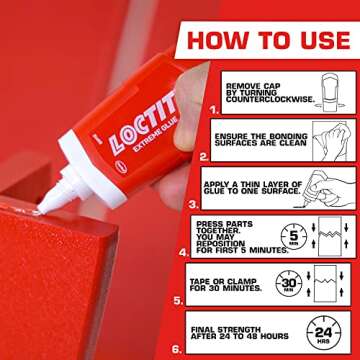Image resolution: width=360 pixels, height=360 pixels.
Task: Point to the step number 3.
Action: pyautogui.click(x=202, y=204)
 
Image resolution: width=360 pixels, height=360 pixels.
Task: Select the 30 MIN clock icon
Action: pyautogui.click(x=290, y=282)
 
